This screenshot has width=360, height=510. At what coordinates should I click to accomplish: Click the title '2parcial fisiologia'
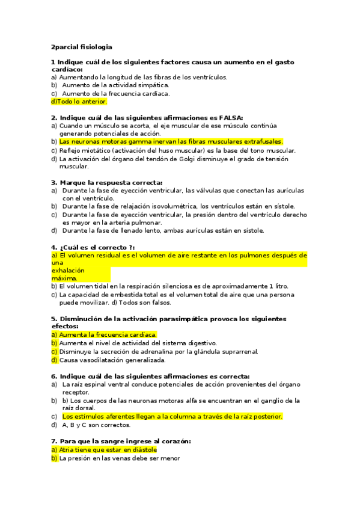click(x=82, y=46)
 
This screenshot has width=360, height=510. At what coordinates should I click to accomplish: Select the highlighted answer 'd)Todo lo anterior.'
click(x=79, y=102)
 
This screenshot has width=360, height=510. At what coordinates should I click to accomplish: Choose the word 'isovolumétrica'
click(x=171, y=206)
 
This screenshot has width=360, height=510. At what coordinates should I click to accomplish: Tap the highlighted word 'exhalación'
click(x=68, y=271)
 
